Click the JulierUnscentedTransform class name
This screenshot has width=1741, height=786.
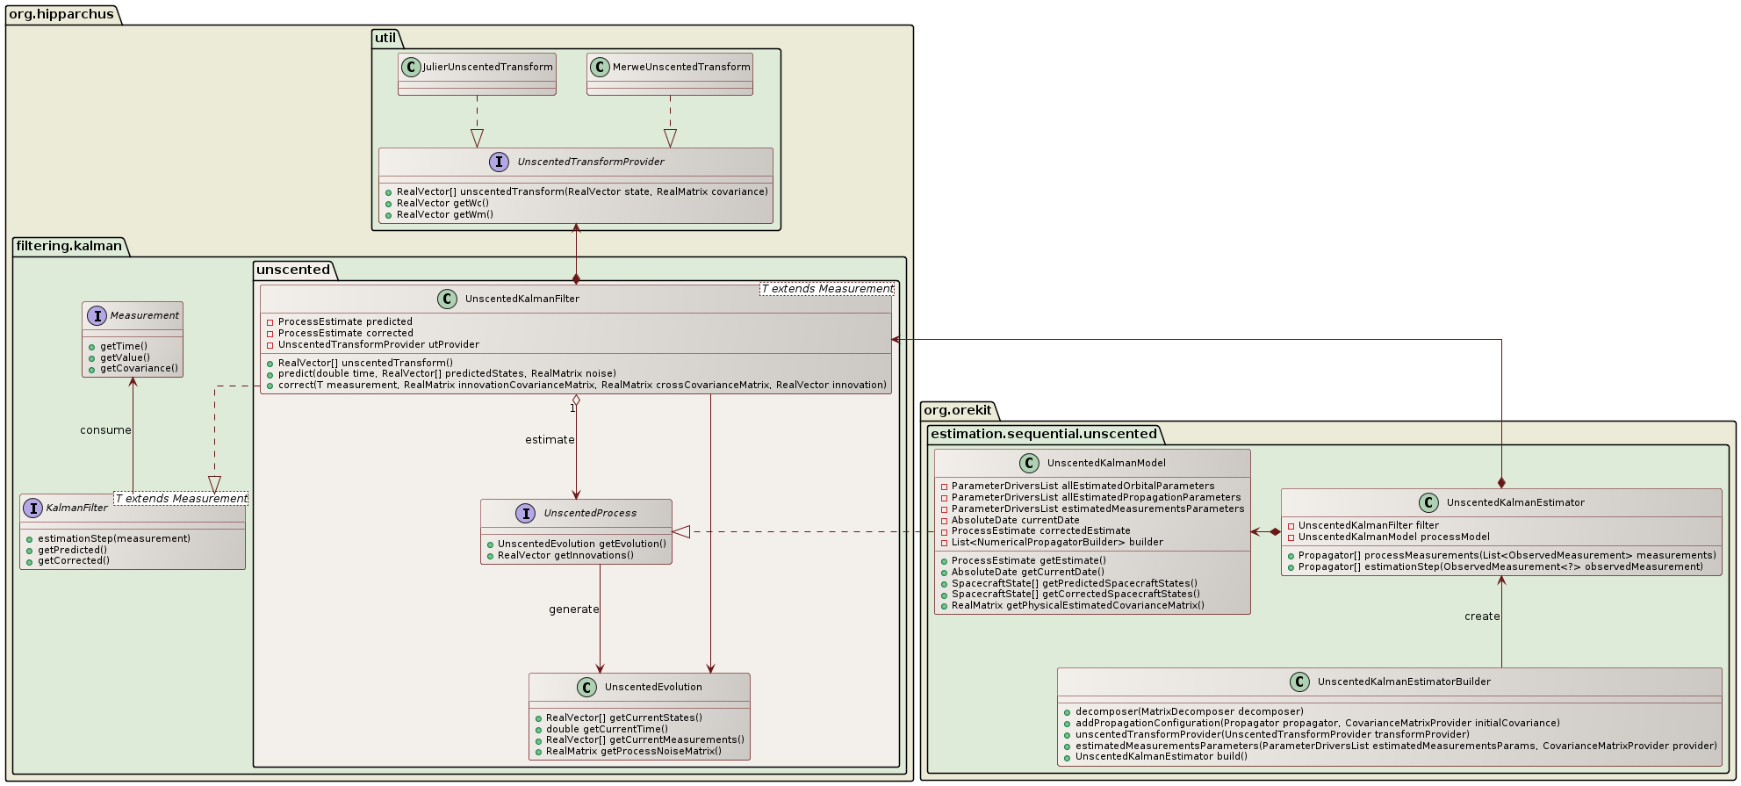[x=487, y=67]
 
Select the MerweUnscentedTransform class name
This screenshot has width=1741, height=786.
[x=681, y=67]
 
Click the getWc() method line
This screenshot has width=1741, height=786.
[x=442, y=203]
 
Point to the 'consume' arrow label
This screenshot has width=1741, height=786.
[x=105, y=430]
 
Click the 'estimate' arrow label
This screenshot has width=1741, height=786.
[x=550, y=440]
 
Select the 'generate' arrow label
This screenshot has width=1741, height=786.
[x=573, y=609]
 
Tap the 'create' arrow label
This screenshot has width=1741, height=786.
[x=1482, y=617]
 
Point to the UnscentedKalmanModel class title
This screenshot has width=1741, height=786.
[x=1106, y=463]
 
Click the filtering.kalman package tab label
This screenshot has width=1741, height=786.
[x=68, y=246]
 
